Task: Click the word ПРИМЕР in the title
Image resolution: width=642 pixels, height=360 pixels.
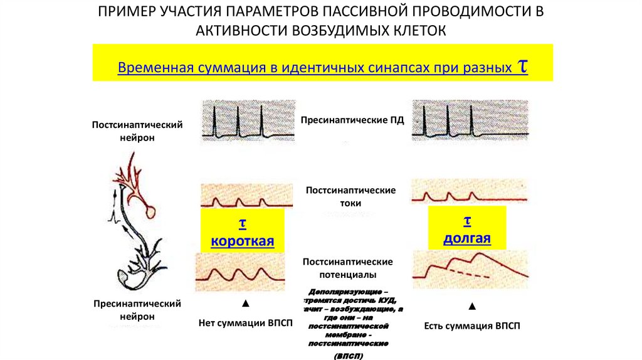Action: click(x=129, y=13)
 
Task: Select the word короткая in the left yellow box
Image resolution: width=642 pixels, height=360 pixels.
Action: click(x=243, y=241)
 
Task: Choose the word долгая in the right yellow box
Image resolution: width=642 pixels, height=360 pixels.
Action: click(x=466, y=239)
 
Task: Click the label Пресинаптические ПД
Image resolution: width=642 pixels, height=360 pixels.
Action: click(x=353, y=120)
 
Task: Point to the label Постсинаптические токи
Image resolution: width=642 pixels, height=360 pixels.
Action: click(x=350, y=197)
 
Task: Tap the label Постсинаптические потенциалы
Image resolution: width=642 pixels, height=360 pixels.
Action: click(x=347, y=268)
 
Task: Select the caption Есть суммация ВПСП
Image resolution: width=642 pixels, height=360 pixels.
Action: click(x=472, y=326)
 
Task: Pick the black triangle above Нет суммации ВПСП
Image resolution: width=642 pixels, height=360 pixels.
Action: click(x=245, y=304)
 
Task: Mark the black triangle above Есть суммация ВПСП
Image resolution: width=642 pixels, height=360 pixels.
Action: click(x=472, y=307)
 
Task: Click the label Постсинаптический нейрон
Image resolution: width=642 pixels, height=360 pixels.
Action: click(x=137, y=131)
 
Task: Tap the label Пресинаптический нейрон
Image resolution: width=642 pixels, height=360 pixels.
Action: click(x=137, y=310)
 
